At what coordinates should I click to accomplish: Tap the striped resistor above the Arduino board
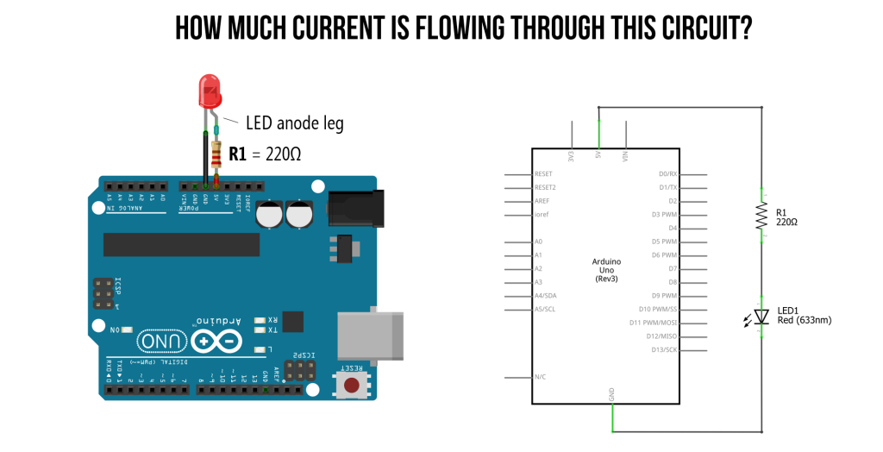point(216,158)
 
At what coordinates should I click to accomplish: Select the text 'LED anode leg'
point(295,124)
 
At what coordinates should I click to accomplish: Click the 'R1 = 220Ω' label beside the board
point(265,155)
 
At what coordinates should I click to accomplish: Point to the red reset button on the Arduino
point(352,384)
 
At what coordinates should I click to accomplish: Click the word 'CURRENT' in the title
point(336,28)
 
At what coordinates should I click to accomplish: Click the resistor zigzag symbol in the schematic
point(761,216)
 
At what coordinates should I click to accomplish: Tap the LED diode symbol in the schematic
point(761,317)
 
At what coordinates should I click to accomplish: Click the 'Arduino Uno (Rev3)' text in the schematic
point(606,270)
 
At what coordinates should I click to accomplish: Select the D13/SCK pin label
point(665,350)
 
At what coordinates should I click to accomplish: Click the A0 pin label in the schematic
point(538,242)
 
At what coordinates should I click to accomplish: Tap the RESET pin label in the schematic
point(543,173)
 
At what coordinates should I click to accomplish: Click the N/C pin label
point(540,377)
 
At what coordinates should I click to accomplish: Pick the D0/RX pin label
point(668,173)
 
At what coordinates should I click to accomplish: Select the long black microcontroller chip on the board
point(181,244)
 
